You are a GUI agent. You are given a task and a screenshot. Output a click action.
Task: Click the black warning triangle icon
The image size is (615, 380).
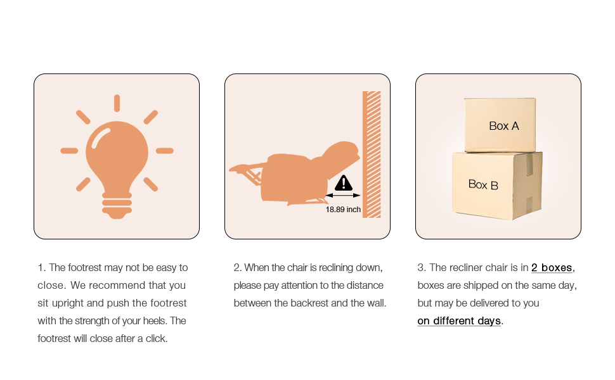coord(344,182)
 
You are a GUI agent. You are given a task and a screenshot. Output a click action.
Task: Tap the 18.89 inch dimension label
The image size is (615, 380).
coord(343,210)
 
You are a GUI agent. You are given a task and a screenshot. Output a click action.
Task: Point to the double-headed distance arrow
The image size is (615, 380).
coord(343,195)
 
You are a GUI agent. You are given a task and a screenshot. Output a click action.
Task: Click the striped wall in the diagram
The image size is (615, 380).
coord(372,155)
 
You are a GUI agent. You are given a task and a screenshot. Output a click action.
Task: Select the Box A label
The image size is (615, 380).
coord(504,126)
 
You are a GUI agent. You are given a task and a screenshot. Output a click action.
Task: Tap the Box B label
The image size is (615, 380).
coord(483,184)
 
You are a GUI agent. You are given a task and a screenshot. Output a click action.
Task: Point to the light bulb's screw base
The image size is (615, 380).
coord(117,205)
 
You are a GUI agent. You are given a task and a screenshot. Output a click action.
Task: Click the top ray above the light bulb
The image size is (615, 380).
coord(117,103)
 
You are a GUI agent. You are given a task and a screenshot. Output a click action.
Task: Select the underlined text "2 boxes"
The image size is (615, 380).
coord(552,267)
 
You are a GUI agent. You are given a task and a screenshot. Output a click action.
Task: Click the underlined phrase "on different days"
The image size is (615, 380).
coord(459,321)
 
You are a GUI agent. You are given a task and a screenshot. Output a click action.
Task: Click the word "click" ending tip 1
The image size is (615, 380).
coord(156,338)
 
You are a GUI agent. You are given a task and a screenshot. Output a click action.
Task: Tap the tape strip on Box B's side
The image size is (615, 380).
coord(529,165)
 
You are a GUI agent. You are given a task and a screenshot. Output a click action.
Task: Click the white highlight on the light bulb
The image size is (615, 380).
coord(100,138)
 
